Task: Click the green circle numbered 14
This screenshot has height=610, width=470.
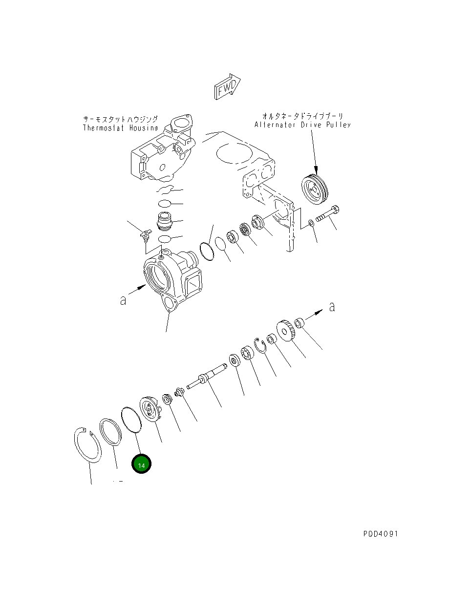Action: [x=141, y=464]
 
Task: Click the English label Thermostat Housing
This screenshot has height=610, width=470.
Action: [x=120, y=128]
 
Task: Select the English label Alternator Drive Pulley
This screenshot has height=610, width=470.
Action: [x=302, y=125]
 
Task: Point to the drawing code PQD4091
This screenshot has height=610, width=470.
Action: [x=381, y=534]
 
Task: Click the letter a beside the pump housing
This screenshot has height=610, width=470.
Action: [x=123, y=300]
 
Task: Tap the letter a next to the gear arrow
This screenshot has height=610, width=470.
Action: [x=332, y=307]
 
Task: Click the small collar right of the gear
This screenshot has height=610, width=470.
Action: [x=299, y=323]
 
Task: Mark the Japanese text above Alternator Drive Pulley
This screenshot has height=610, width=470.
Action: [x=302, y=116]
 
